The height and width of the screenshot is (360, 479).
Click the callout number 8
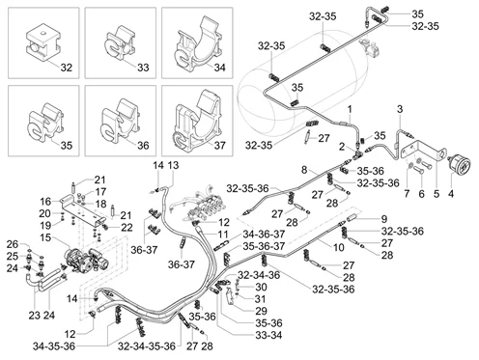pos(303,170)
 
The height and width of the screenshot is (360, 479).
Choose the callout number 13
pos(173,166)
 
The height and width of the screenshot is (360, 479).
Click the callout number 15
pos(44,237)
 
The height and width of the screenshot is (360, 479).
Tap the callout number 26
pos(13,243)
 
